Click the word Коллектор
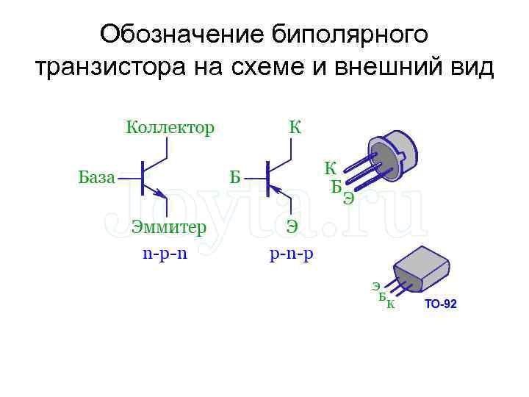170,128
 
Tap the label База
96,177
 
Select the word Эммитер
169,226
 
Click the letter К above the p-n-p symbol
295,128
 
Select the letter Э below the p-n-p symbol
292,226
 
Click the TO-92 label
440,304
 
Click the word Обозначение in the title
181,35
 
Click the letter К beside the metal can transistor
331,168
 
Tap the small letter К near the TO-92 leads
390,304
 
